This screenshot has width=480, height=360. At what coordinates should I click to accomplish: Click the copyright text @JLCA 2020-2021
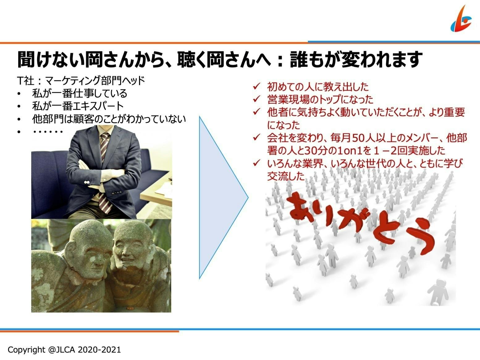[x=64, y=350]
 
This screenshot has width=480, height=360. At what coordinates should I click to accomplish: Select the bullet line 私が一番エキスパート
[x=78, y=106]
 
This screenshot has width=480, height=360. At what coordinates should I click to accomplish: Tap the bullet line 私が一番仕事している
[x=80, y=94]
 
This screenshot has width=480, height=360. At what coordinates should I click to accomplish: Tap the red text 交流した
[x=286, y=176]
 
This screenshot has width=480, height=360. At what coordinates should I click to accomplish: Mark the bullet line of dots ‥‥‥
[x=48, y=132]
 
